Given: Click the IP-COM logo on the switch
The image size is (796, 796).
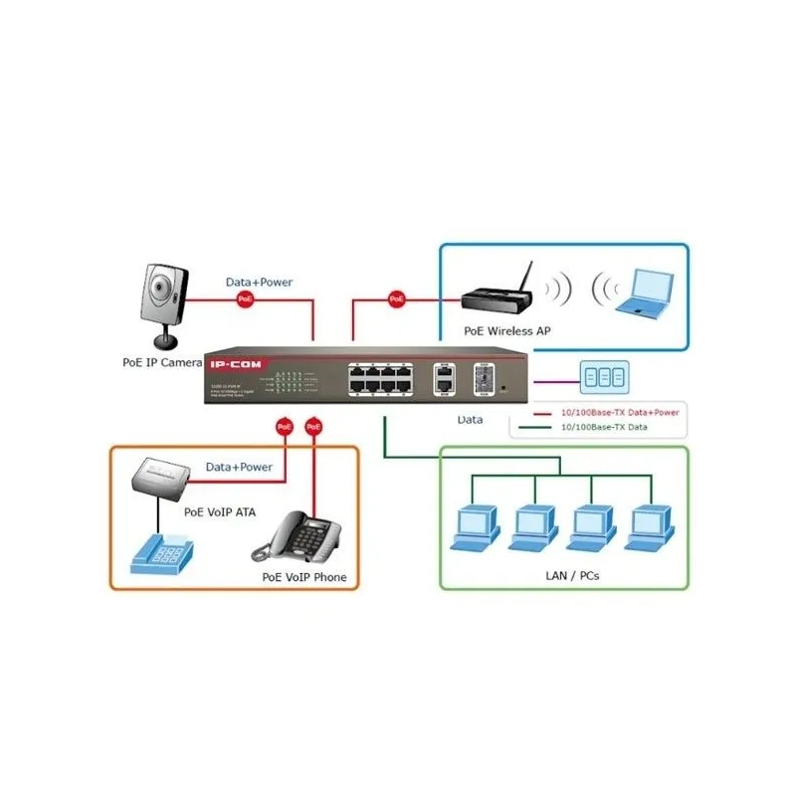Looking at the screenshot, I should tap(233, 364).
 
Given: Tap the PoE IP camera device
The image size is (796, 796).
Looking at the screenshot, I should tap(161, 298).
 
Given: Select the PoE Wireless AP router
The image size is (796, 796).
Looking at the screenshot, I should tap(497, 297).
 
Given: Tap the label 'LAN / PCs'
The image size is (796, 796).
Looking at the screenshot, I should tap(573, 575).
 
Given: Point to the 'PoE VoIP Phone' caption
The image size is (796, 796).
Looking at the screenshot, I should tap(304, 576).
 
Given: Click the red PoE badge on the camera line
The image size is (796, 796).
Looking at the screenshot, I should tap(245, 298).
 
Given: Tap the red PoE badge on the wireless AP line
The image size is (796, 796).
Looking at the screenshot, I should tap(397, 298).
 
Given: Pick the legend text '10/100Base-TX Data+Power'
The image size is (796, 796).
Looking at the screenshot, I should tap(622, 411).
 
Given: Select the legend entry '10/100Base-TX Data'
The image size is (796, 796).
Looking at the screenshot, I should tap(604, 427).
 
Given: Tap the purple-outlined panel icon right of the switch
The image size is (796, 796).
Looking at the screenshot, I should tap(604, 379).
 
